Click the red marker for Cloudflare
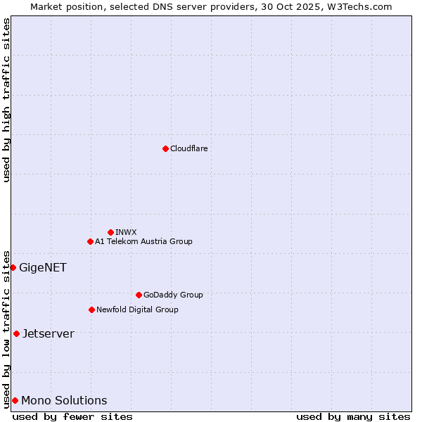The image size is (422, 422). click(x=165, y=148)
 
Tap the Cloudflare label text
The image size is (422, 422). click(x=188, y=148)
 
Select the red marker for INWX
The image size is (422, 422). click(x=110, y=232)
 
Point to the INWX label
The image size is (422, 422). click(x=126, y=232)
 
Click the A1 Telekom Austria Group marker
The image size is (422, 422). click(x=90, y=241)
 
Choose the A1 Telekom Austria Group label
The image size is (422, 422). click(x=143, y=241)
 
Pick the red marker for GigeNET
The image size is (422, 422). click(x=13, y=267)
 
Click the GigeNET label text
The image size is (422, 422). click(x=42, y=267)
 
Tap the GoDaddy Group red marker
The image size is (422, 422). click(x=139, y=295)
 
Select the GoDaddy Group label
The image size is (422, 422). click(x=173, y=295)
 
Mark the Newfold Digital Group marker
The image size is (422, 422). click(x=91, y=309)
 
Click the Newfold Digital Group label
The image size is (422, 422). click(x=137, y=309)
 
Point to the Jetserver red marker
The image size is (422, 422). click(x=16, y=333)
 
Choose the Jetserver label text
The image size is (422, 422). click(x=48, y=333)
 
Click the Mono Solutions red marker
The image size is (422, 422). click(x=15, y=400)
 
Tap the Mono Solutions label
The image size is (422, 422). click(x=64, y=400)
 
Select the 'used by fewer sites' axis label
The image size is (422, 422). click(x=72, y=416)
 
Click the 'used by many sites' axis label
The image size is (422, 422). click(x=353, y=416)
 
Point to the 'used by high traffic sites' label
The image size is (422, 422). click(x=6, y=100)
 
